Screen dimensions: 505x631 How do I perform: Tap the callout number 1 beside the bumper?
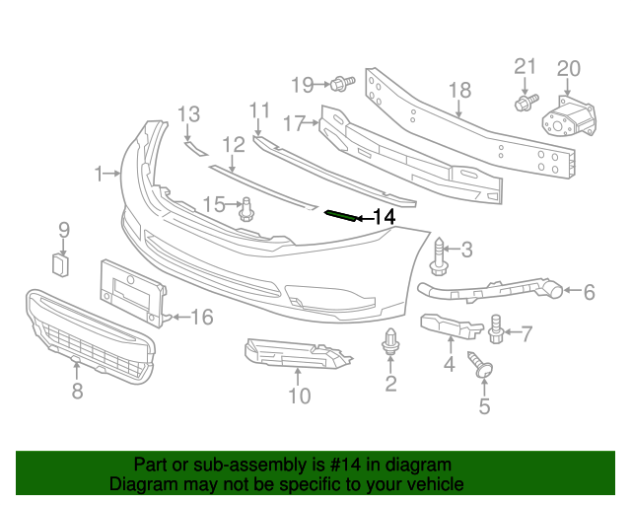pyautogui.click(x=100, y=175)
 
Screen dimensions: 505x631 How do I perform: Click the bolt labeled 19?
pyautogui.click(x=342, y=82)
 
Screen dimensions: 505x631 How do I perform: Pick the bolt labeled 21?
pyautogui.click(x=525, y=101)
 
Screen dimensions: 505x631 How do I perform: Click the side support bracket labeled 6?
pyautogui.click(x=493, y=287)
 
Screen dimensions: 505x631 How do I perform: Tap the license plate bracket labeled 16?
pyautogui.click(x=133, y=293)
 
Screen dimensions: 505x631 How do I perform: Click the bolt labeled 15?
pyautogui.click(x=247, y=208)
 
